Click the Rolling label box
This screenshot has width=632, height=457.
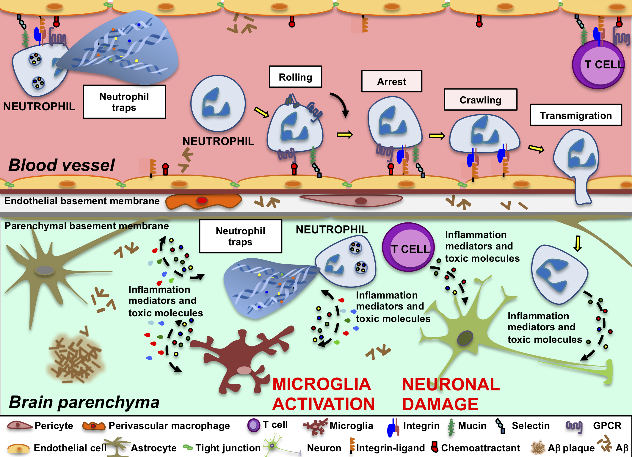(x=295, y=77)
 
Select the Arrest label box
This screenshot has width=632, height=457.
(x=391, y=81)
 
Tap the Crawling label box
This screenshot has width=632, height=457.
(x=480, y=100)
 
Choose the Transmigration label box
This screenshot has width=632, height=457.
(x=576, y=115)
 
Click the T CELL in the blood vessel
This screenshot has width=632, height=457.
(x=598, y=65)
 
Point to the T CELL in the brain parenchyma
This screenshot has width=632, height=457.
(x=408, y=247)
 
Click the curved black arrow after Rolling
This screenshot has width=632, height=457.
(x=340, y=104)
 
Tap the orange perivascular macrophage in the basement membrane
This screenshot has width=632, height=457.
(x=203, y=201)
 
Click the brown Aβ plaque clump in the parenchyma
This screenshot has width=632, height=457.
(x=76, y=357)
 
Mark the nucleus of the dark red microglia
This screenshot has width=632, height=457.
(x=244, y=370)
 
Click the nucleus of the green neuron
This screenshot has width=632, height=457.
(x=465, y=338)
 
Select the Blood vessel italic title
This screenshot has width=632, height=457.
(x=62, y=165)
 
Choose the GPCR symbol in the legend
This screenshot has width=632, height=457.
(x=574, y=426)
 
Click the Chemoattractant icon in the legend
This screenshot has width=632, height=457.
(x=435, y=447)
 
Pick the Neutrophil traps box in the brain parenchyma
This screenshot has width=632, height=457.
(x=240, y=236)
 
